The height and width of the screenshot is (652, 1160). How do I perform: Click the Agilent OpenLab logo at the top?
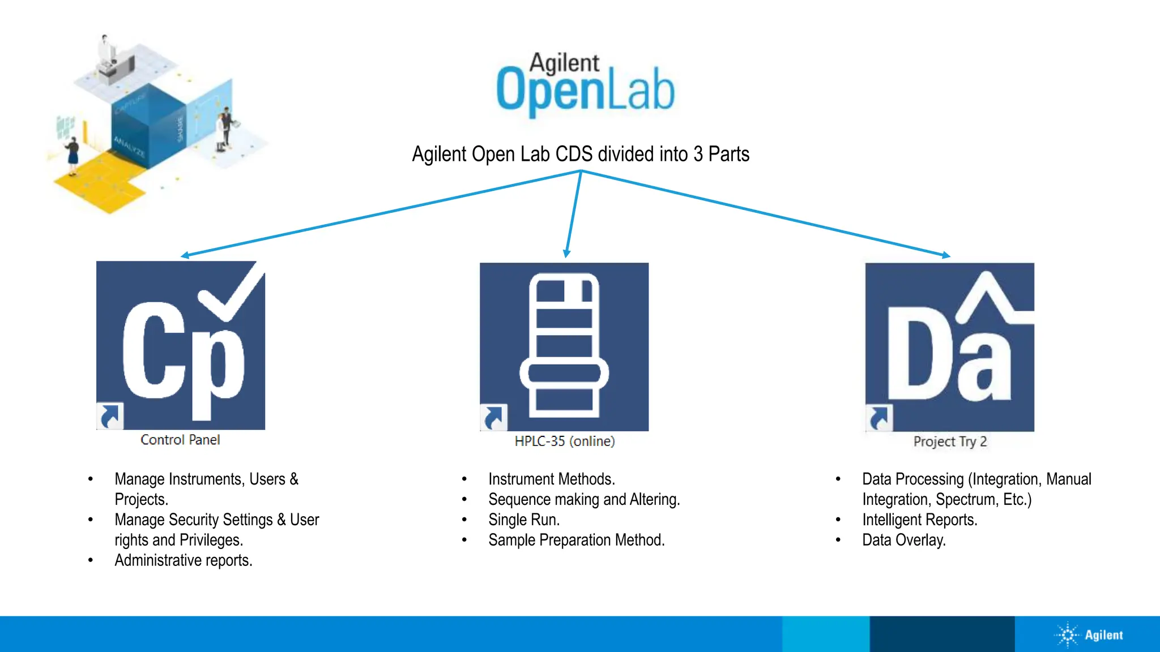point(585,85)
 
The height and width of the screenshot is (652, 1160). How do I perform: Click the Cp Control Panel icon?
point(181,345)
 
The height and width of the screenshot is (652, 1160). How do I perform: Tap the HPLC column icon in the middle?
point(564,346)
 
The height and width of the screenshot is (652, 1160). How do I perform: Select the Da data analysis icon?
point(949,347)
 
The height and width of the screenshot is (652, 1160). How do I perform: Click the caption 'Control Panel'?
point(180,440)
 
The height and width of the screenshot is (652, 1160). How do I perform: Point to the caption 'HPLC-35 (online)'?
point(564,441)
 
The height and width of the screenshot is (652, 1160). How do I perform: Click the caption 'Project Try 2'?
point(950,441)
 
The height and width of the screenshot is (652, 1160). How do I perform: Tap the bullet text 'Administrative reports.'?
point(184,560)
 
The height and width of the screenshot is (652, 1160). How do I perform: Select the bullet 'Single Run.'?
point(524,520)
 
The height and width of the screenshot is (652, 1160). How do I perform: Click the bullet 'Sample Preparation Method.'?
point(576,540)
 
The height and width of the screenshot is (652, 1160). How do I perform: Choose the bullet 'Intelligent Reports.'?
point(919,520)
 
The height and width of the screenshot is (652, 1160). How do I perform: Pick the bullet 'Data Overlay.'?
point(903,540)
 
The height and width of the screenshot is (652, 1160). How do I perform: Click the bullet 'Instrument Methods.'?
point(551,479)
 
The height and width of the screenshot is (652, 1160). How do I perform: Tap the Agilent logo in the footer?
point(1089,635)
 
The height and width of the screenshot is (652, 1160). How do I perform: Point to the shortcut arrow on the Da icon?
point(879,418)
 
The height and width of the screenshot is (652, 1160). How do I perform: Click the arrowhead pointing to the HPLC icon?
point(566,254)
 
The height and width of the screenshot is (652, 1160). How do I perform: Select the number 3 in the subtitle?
point(698,154)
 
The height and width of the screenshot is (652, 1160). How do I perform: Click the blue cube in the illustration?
point(148,127)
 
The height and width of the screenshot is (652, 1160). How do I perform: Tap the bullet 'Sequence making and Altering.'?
point(584,499)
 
